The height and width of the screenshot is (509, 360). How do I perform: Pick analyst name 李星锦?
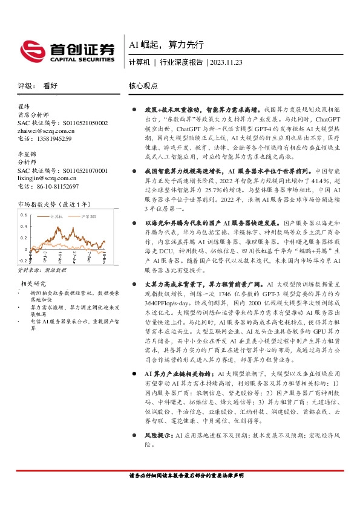click(x=25, y=155)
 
